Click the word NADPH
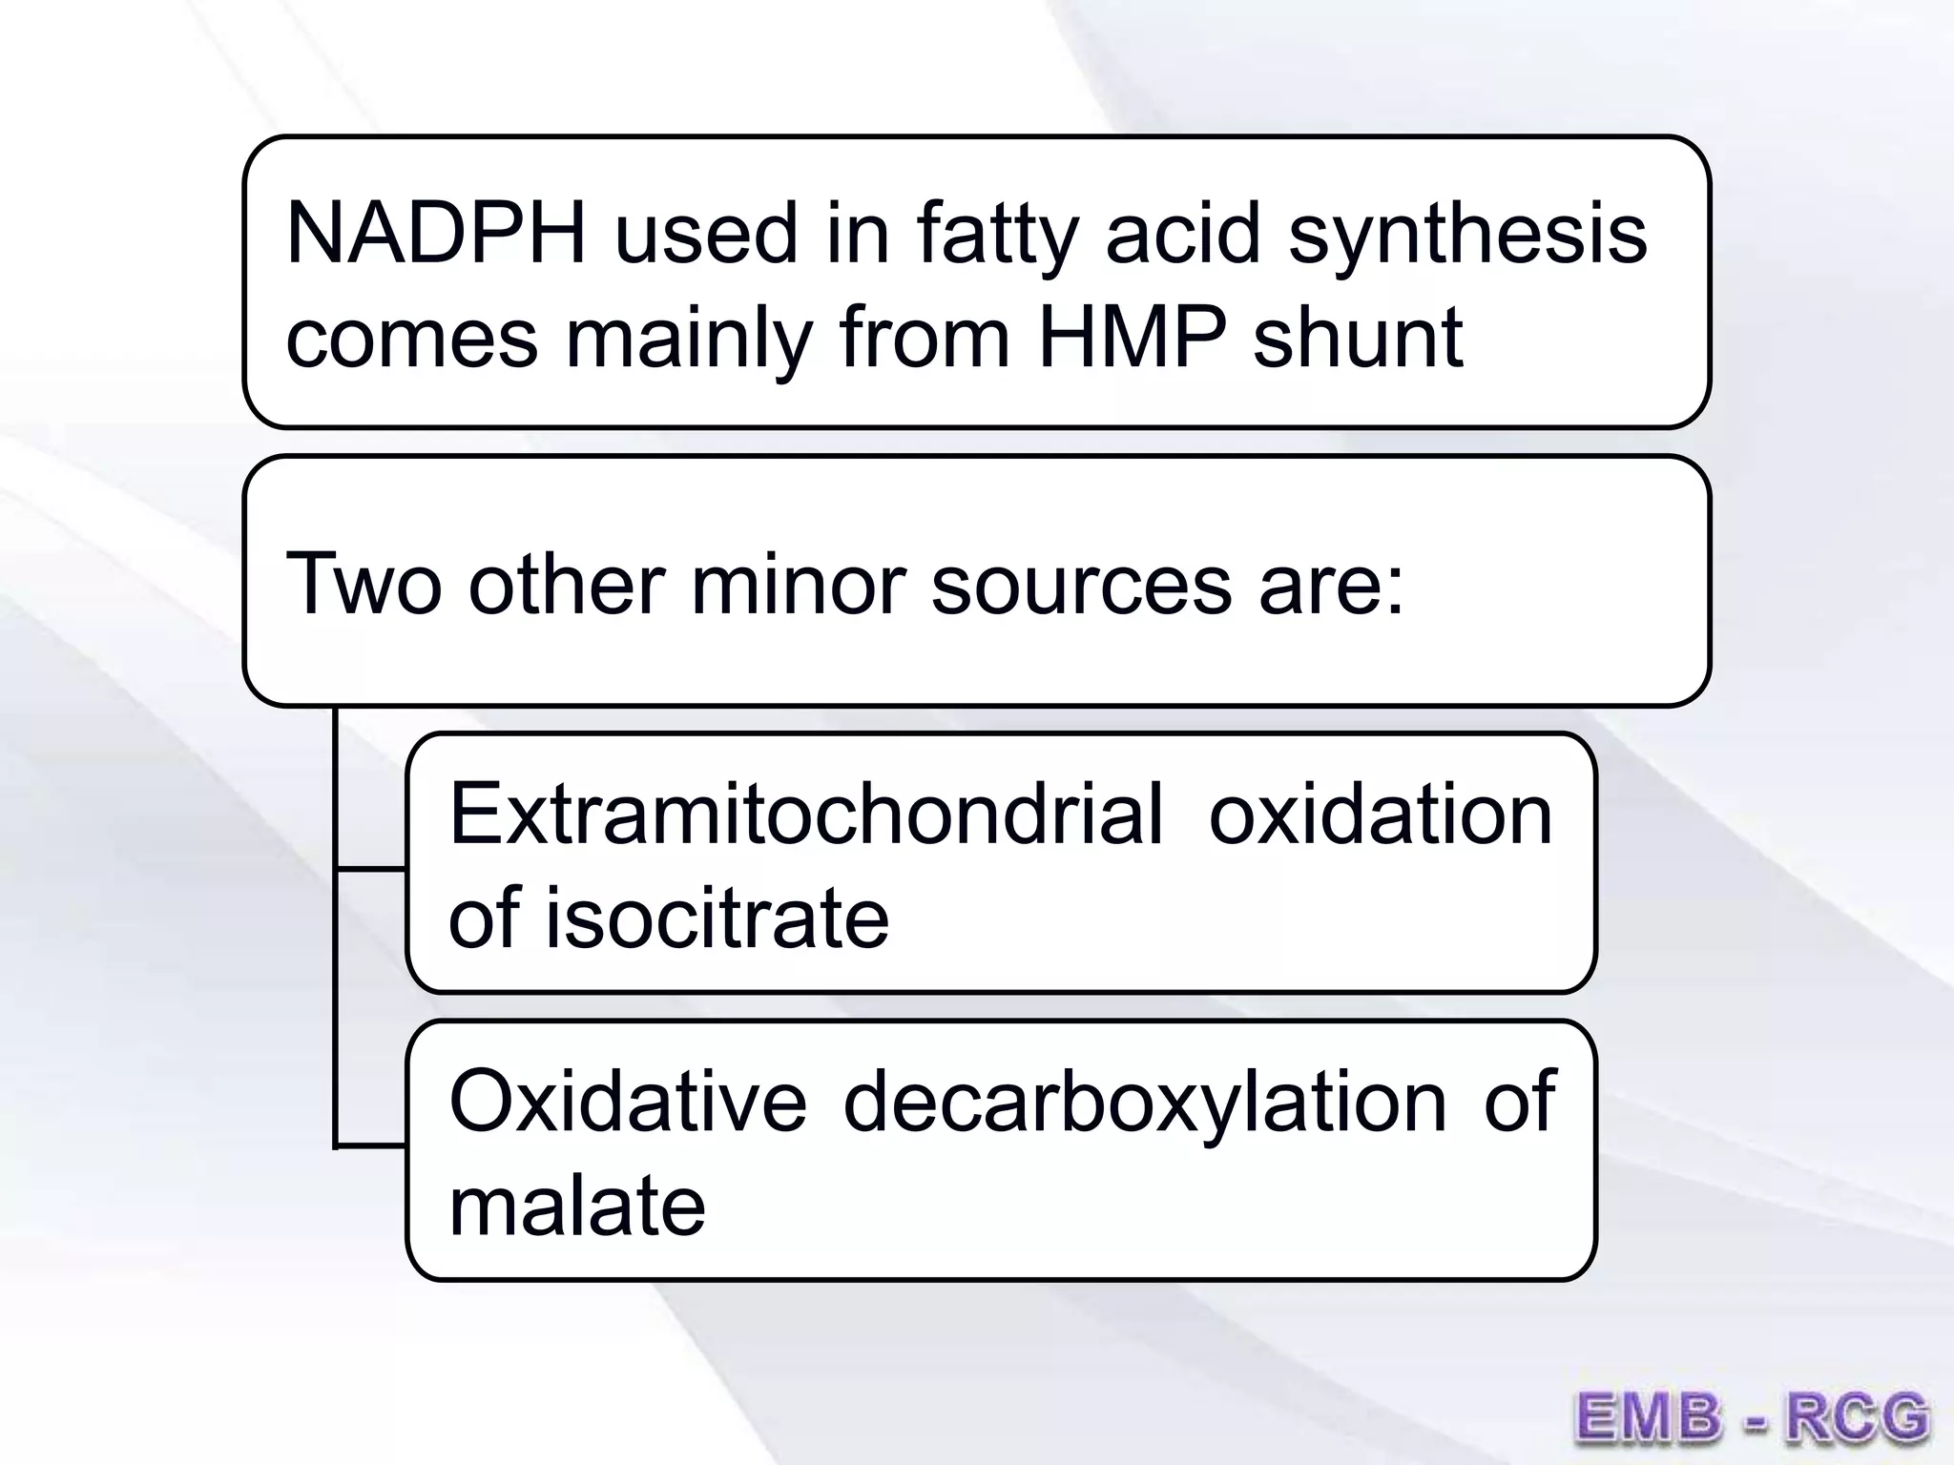tap(435, 234)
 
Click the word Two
tap(364, 584)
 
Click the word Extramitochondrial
tap(806, 815)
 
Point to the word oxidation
tap(1381, 815)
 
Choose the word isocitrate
tap(717, 918)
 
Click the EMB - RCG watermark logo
tap(1751, 1416)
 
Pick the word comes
tap(412, 339)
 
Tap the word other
tap(567, 584)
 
